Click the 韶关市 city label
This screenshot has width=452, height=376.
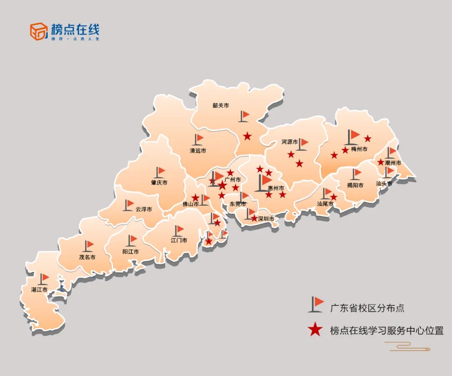coord(221,106)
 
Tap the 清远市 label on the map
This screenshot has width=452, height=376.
coord(198,151)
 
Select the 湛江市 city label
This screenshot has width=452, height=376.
coord(39,289)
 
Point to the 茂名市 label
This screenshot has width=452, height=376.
coord(87,257)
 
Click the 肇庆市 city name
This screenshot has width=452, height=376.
coord(159,183)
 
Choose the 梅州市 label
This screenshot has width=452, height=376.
coord(359,149)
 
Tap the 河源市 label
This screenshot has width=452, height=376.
coord(290,142)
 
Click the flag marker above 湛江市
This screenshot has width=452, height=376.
coord(44,279)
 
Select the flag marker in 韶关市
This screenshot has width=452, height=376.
coord(244,116)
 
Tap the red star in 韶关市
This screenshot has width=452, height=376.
coord(247,136)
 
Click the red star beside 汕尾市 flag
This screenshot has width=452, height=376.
coord(334,197)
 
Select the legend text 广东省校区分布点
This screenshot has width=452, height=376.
coord(367,308)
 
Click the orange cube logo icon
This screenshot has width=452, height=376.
coord(39,31)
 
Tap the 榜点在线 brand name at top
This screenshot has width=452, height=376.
coord(75,29)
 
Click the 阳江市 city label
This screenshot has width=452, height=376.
coord(131,252)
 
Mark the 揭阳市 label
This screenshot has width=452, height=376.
coord(355,185)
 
